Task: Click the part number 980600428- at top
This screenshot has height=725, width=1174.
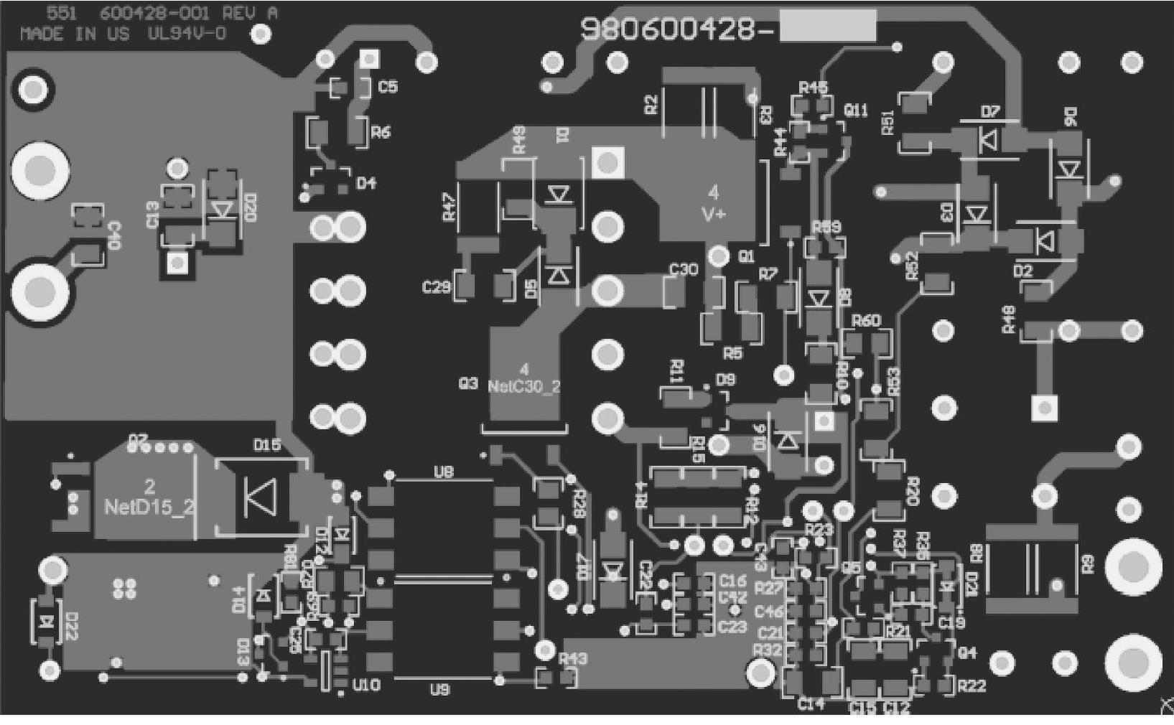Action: click(x=677, y=29)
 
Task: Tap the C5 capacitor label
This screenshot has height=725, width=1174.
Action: click(x=388, y=87)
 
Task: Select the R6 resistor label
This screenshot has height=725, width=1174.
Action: click(x=381, y=132)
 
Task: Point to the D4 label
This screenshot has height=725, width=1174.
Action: click(x=366, y=184)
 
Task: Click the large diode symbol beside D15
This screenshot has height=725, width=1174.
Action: click(x=260, y=496)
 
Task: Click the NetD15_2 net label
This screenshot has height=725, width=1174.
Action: click(x=149, y=507)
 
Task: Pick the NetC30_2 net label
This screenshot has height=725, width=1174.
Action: click(x=523, y=387)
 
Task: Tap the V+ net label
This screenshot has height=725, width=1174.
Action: click(x=713, y=214)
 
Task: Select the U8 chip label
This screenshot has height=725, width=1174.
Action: click(x=444, y=472)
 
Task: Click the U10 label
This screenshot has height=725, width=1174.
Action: click(x=366, y=686)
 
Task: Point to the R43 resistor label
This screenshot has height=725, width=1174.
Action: click(x=572, y=659)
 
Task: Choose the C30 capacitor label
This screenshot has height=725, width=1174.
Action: click(x=683, y=269)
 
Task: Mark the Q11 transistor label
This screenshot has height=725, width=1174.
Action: click(x=856, y=111)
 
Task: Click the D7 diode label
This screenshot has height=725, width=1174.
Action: click(x=990, y=111)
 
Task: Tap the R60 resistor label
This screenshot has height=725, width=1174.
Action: click(x=866, y=321)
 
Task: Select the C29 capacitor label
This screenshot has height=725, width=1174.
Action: click(x=436, y=288)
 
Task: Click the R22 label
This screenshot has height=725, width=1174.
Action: click(x=972, y=686)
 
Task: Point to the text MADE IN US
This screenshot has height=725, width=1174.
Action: click(x=75, y=34)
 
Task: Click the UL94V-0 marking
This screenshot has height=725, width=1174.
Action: click(x=187, y=34)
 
